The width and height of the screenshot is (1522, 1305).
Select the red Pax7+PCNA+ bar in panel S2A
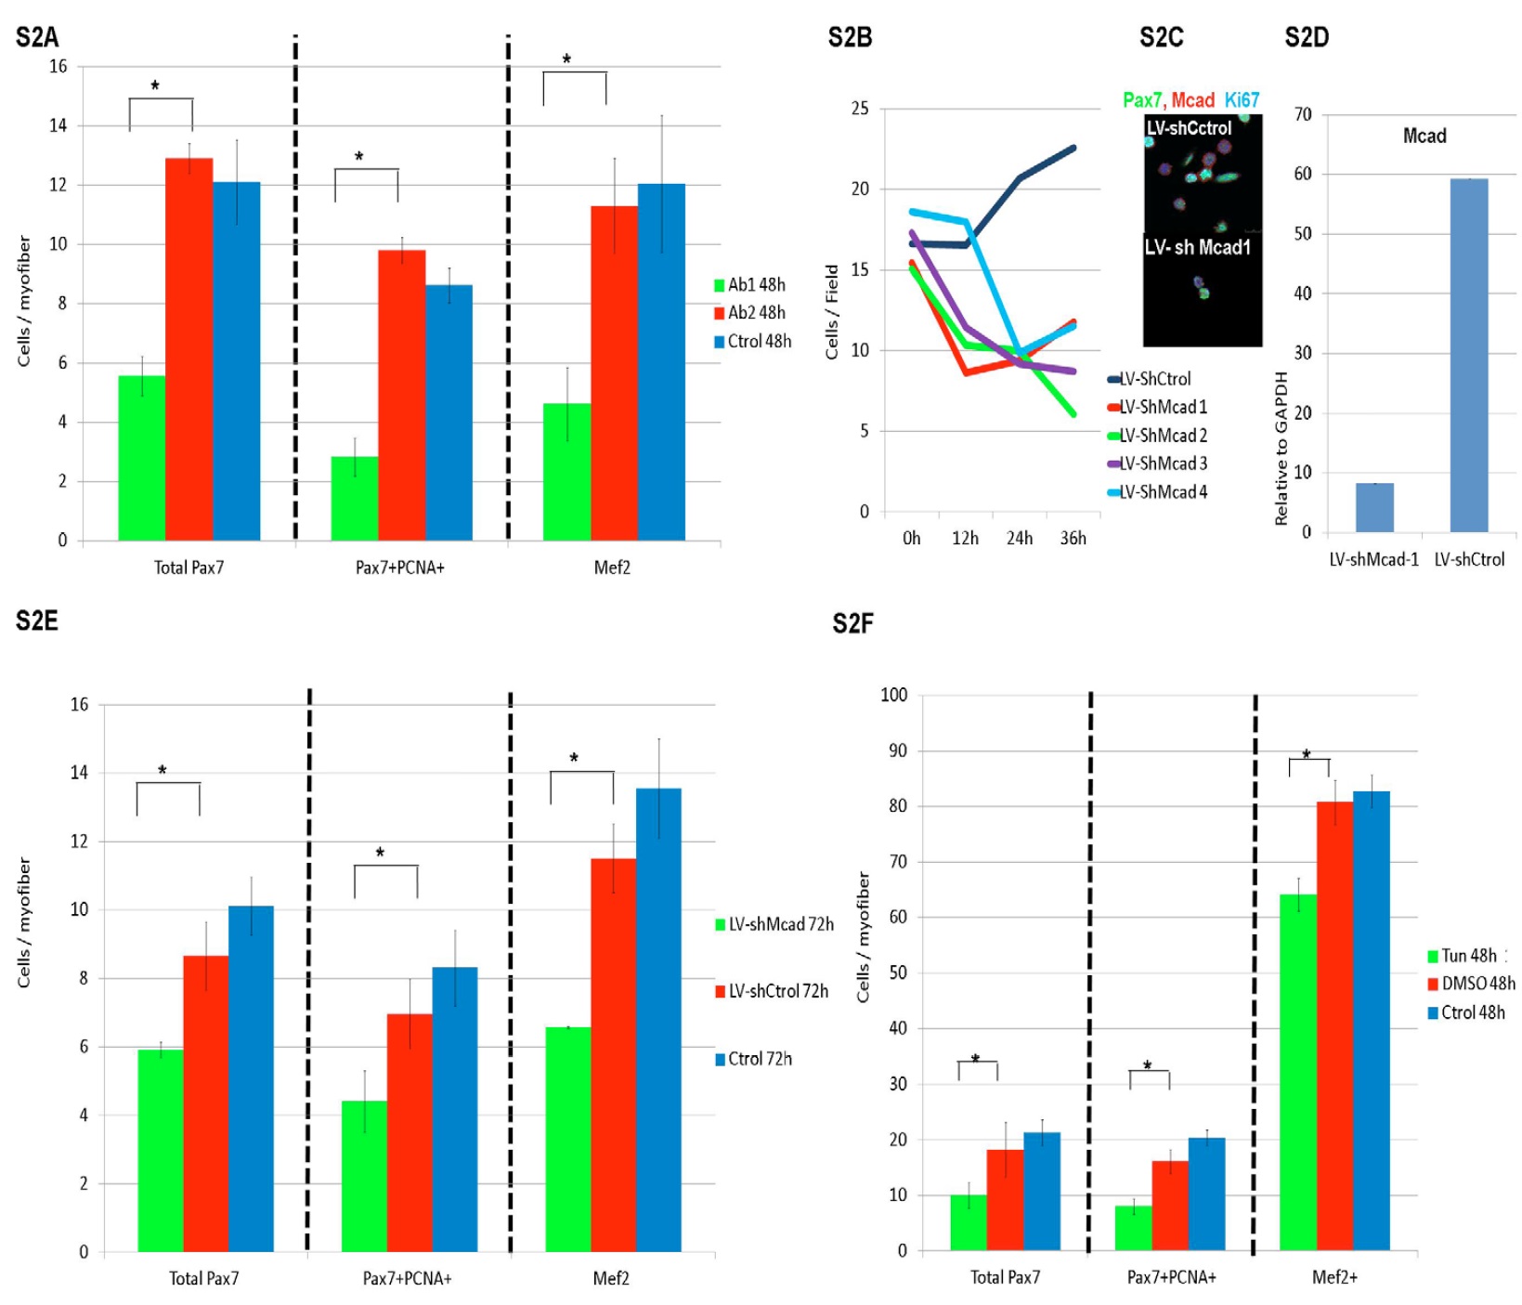coord(401,395)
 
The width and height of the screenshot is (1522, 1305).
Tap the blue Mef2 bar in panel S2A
coord(661,362)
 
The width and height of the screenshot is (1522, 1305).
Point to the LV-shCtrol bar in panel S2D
coord(1468,355)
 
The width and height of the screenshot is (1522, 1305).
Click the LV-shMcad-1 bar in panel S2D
coord(1373,507)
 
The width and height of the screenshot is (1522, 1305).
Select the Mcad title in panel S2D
coord(1424,137)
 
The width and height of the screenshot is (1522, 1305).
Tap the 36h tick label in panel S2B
coord(1073,539)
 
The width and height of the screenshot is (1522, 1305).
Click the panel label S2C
coord(1161,37)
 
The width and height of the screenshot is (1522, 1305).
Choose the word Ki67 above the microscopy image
coord(1242,100)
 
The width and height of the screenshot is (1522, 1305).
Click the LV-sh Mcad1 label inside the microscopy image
coord(1197,248)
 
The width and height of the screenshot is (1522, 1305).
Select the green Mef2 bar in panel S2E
coord(567,1139)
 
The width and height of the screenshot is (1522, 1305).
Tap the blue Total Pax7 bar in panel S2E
coord(251,1078)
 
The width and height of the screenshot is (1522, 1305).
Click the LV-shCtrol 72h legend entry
coord(777,991)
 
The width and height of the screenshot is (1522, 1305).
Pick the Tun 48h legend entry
coord(1467,956)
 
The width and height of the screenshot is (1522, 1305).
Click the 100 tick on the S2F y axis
coord(893,695)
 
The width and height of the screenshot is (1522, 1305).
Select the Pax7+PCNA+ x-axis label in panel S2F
coord(1171,1277)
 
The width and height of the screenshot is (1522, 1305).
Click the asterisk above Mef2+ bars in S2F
coord(1307,754)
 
